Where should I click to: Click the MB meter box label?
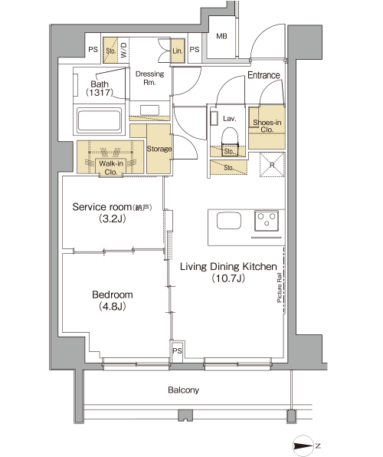point(221,36)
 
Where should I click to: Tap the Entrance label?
point(264,75)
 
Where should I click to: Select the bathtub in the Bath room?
point(99,120)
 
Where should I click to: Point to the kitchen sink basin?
point(229,221)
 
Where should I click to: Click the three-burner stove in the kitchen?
point(267,221)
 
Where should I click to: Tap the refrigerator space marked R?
point(272,165)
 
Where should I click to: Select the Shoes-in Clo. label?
point(267,126)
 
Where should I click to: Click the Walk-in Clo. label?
point(111,168)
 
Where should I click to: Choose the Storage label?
point(159,149)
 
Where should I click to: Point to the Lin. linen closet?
point(178,51)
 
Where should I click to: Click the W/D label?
point(123,50)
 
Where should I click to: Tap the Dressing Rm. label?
point(149,77)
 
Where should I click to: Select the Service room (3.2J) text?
point(112,212)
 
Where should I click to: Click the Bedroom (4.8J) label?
point(113,301)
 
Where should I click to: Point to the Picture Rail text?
point(280,288)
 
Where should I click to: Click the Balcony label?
point(184,390)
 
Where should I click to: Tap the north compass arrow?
point(303,446)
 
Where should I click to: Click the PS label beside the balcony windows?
point(177,350)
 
